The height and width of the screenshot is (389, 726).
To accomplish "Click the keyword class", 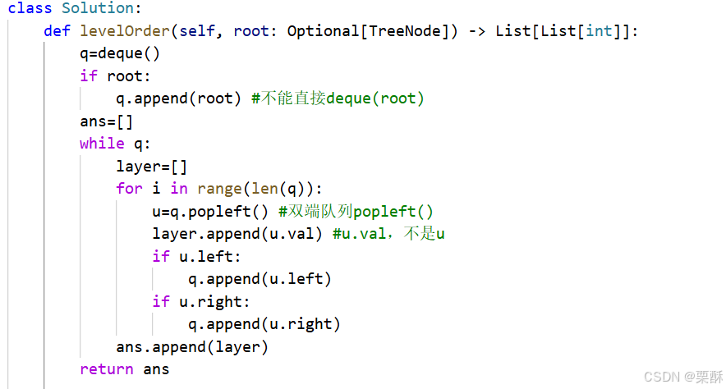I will click(x=30, y=9).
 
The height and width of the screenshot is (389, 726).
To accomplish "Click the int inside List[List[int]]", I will click(x=599, y=31).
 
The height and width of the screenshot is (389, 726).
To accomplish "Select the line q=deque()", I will click(x=120, y=54).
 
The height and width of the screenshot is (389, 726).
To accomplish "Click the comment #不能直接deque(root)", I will click(x=338, y=99).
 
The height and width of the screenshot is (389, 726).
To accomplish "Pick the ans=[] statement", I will click(x=107, y=121).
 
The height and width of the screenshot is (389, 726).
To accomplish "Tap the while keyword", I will click(x=102, y=144).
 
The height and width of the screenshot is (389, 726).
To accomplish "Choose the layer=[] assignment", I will click(x=152, y=167).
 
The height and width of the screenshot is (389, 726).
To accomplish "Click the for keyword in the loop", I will click(x=129, y=189).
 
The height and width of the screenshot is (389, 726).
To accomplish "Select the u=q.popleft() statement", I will click(x=210, y=212).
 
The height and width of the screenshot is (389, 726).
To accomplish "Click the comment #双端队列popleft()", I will click(x=356, y=212).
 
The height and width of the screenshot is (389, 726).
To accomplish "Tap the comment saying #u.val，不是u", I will click(x=388, y=234).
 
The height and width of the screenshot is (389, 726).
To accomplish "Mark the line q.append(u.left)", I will click(x=260, y=279).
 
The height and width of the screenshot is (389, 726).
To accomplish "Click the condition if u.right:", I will click(x=200, y=301).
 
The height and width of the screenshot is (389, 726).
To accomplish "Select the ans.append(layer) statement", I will click(x=192, y=346).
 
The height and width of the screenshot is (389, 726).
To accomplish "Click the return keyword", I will click(x=107, y=369).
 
